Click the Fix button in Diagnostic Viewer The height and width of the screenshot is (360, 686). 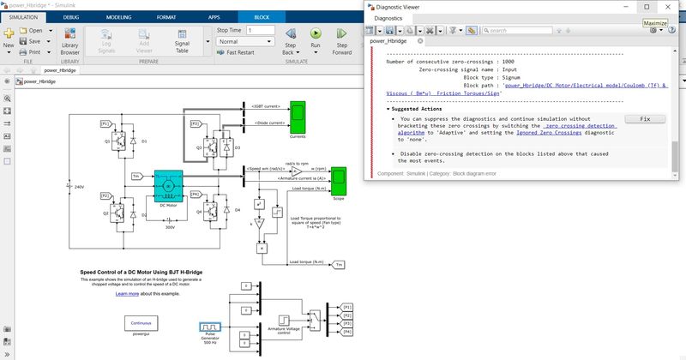[646, 119]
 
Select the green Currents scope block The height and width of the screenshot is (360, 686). [297, 114]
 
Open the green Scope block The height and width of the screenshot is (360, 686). [339, 180]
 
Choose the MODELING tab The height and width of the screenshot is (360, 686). [119, 16]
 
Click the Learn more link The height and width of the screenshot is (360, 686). [127, 293]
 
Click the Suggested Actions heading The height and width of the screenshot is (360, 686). [418, 109]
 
